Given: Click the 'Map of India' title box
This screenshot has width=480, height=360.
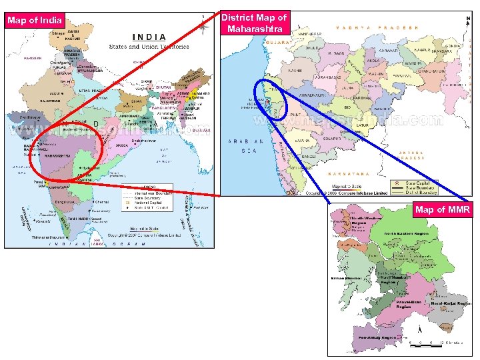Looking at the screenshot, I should (x=35, y=19).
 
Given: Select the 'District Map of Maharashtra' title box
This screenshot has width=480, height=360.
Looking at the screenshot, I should (x=254, y=23).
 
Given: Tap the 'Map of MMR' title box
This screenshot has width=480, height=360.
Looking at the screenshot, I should (x=442, y=211).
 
